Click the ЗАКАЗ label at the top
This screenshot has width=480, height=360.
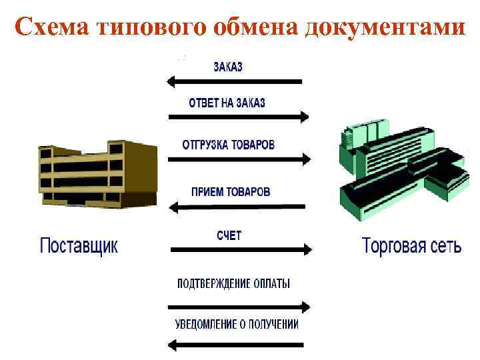pyautogui.click(x=228, y=67)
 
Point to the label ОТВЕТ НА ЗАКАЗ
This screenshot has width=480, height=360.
pyautogui.click(x=227, y=103)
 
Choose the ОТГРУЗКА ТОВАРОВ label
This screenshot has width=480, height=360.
pyautogui.click(x=228, y=145)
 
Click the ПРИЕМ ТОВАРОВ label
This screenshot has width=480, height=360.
pyautogui.click(x=231, y=191)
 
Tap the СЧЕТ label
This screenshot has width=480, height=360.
pyautogui.click(x=229, y=235)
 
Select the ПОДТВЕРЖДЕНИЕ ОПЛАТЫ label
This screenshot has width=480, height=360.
pyautogui.click(x=233, y=283)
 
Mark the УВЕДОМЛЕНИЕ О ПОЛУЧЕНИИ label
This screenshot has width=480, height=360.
pyautogui.click(x=237, y=325)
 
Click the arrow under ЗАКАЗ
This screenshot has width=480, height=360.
pyautogui.click(x=235, y=82)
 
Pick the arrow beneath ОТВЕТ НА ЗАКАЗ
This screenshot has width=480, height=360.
pyautogui.click(x=238, y=117)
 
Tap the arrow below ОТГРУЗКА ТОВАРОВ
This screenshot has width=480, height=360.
pyautogui.click(x=239, y=160)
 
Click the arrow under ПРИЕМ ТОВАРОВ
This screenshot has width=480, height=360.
pyautogui.click(x=237, y=207)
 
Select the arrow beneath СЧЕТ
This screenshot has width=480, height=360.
pyautogui.click(x=241, y=250)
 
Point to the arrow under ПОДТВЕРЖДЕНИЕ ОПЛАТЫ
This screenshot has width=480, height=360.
pyautogui.click(x=239, y=307)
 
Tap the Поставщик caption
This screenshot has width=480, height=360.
pyautogui.click(x=79, y=245)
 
